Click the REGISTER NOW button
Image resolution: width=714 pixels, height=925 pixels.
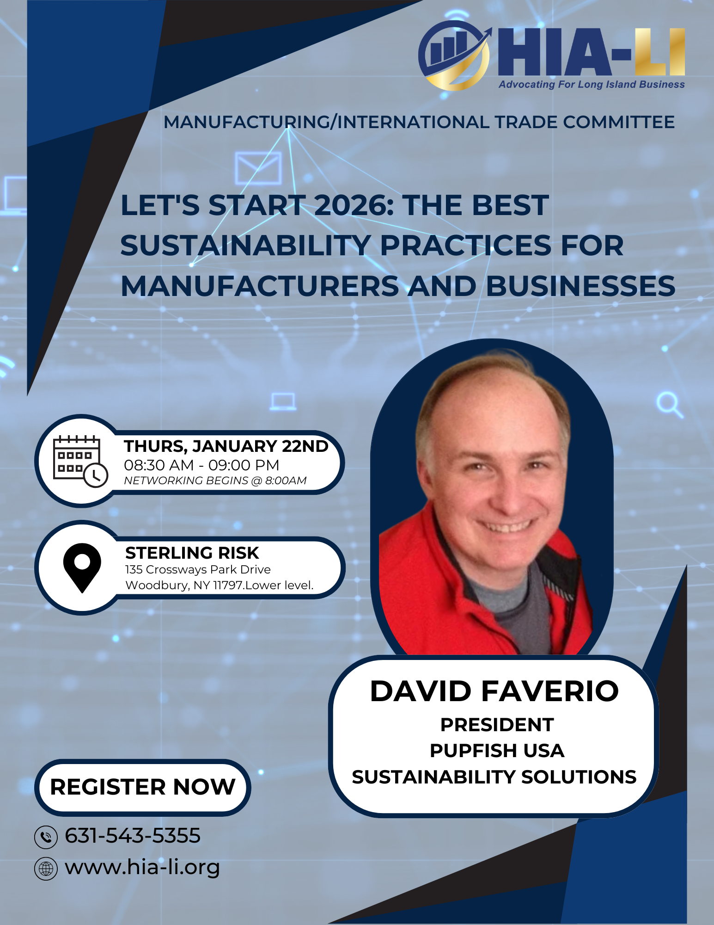(142, 787)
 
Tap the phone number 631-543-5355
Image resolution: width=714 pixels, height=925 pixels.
(133, 836)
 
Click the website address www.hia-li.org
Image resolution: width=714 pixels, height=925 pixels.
(142, 867)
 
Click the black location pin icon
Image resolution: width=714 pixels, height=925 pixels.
(82, 567)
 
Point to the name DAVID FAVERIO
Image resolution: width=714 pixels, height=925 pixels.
(494, 691)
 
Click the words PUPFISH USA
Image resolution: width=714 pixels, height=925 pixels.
(497, 751)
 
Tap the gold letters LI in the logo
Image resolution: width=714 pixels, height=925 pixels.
(659, 52)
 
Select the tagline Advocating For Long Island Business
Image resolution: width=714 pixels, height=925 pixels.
(591, 85)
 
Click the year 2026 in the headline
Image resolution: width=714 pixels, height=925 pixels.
(354, 205)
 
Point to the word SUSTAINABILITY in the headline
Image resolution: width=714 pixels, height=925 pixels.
(245, 246)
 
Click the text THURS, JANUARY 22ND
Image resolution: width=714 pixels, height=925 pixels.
(226, 446)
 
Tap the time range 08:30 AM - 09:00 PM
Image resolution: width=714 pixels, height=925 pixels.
(201, 465)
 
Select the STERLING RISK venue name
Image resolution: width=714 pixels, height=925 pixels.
(192, 553)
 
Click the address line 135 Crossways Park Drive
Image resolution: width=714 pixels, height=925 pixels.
(198, 569)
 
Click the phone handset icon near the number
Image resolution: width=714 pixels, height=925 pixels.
(46, 837)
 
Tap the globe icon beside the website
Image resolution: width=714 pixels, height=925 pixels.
(46, 868)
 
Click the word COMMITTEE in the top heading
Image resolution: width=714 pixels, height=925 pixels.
(619, 122)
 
